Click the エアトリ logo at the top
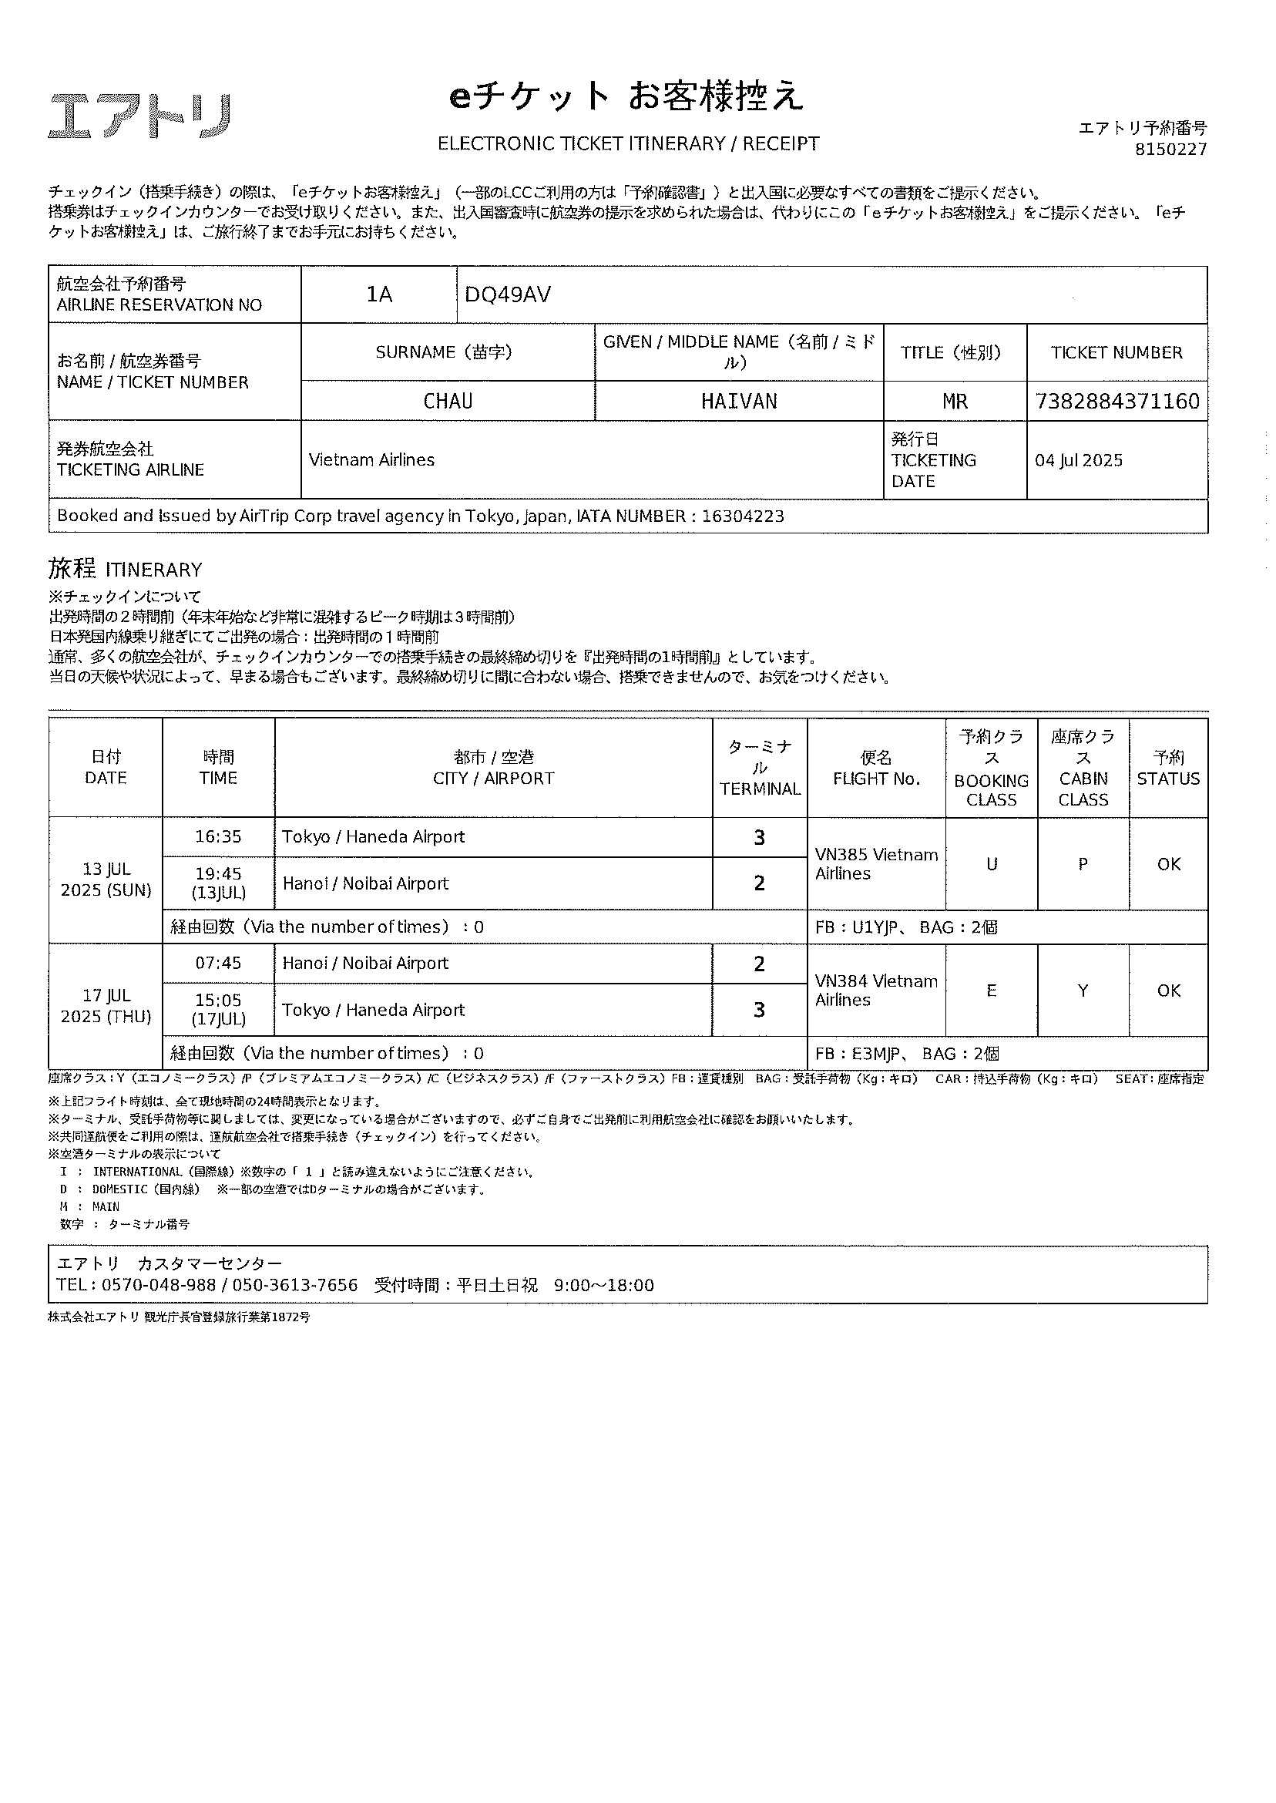coord(140,116)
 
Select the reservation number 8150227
coord(1170,150)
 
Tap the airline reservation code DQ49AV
coord(508,294)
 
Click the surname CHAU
coord(448,402)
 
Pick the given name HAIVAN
coord(739,402)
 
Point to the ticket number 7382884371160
coord(1116,402)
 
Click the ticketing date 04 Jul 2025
coord(1078,460)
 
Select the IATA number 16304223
coord(743,516)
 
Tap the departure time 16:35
coord(218,837)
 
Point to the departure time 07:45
coord(218,964)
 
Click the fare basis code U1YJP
coord(875,927)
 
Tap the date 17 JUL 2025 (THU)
coord(106,1006)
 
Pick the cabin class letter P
coord(1083,865)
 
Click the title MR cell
coord(955,402)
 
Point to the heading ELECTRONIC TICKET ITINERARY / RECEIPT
coord(628,144)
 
